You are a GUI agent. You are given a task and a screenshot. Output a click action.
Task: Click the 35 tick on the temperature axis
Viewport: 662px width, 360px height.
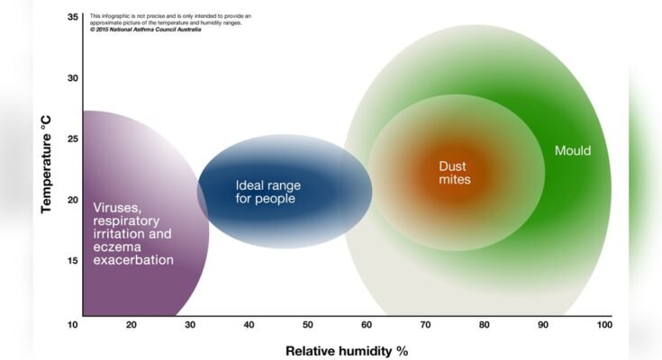click(73, 16)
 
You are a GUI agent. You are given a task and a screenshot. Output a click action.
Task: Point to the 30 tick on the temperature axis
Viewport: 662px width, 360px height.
click(73, 77)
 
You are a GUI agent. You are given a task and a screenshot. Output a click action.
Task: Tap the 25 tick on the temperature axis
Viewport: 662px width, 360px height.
click(73, 139)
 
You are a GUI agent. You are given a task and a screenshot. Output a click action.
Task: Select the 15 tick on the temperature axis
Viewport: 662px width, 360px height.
click(73, 260)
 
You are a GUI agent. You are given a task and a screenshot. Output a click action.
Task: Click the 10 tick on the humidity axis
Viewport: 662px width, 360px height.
click(73, 324)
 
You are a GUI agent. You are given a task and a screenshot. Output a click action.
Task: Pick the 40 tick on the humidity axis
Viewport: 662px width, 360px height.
click(249, 324)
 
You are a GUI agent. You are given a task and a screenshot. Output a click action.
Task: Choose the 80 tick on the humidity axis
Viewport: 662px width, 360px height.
click(485, 324)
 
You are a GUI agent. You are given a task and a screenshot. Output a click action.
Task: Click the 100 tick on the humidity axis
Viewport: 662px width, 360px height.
click(603, 324)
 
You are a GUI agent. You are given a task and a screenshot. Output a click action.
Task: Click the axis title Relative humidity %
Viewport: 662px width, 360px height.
click(340, 350)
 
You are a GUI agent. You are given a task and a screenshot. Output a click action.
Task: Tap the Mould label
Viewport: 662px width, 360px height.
click(573, 150)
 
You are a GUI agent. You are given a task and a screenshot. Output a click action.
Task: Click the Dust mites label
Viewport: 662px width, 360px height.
click(455, 173)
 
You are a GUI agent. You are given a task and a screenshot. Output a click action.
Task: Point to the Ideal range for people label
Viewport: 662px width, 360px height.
click(268, 192)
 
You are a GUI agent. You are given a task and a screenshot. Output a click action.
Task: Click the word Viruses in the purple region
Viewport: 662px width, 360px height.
click(116, 207)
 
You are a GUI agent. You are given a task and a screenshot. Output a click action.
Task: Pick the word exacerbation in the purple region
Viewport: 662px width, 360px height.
click(133, 260)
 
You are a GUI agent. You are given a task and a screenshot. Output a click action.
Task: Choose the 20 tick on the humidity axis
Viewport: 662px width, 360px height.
click(131, 324)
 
